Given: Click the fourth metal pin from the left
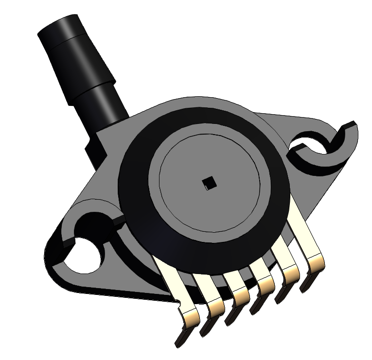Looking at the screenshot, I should pyautogui.click(x=263, y=287).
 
